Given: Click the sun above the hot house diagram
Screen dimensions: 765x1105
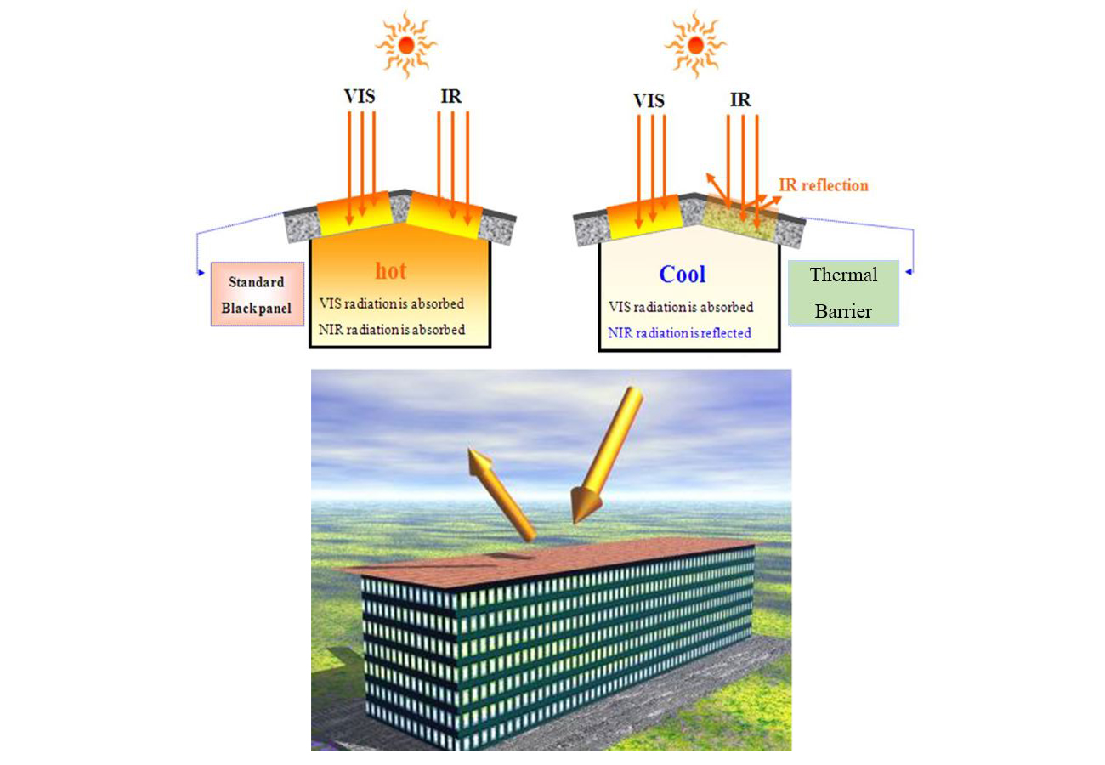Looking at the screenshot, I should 406,43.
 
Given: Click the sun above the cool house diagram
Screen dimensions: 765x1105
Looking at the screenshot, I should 695,43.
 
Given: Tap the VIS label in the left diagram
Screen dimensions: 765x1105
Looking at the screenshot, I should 360,96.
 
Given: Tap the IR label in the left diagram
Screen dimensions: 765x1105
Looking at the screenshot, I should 451,96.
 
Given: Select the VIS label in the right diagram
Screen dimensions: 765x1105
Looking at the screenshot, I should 649,100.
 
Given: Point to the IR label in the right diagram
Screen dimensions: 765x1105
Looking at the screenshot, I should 740,100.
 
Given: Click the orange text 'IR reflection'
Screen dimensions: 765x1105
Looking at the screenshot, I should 824,184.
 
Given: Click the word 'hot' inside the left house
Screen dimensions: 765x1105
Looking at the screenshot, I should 391,271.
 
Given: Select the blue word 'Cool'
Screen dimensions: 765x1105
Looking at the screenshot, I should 683,274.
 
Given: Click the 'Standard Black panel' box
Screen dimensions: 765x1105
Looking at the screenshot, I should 258,295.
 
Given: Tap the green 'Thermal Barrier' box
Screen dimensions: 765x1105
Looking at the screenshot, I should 843,293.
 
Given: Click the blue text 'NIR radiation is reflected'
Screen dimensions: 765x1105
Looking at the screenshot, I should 680,333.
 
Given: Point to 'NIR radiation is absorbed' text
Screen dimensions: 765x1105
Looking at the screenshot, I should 392,330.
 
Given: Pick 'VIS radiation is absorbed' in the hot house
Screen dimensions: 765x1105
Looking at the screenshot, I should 392,303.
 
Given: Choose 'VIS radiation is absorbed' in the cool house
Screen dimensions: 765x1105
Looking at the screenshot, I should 681,307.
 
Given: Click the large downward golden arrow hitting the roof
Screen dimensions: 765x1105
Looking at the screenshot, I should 605,455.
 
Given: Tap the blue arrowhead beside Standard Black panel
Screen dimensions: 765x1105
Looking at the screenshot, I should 201,272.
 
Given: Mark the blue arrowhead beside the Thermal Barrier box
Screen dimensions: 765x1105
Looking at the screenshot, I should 909,272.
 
